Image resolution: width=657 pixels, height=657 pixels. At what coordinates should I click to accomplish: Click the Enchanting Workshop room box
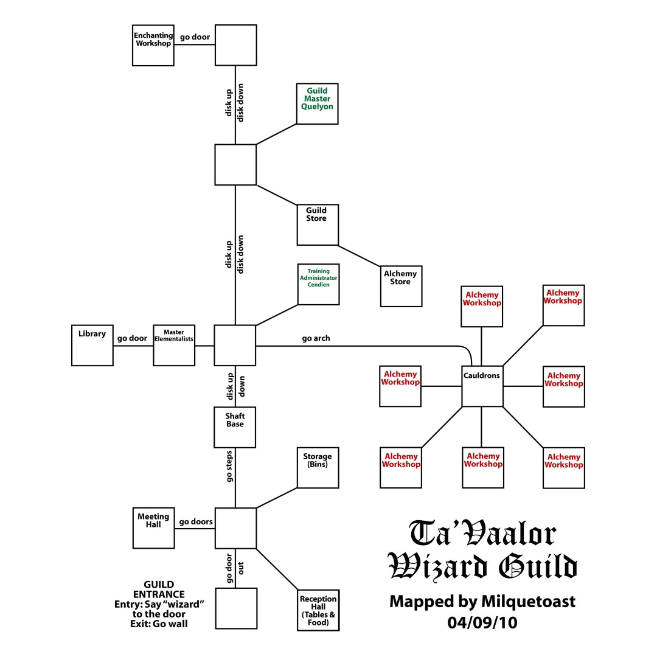click(153, 45)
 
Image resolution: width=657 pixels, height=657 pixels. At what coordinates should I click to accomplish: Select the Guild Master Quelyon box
click(317, 104)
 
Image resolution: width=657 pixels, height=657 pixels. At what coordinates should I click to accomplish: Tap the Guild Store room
click(317, 224)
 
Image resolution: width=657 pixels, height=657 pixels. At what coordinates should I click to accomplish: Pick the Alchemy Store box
click(401, 286)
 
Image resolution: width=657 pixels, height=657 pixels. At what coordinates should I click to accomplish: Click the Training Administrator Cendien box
click(318, 284)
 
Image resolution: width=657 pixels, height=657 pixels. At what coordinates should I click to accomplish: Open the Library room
click(92, 345)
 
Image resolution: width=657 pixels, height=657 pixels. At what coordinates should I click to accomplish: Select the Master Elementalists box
click(174, 345)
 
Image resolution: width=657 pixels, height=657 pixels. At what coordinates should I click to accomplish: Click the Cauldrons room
click(482, 386)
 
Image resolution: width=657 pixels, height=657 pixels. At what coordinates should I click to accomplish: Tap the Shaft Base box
click(235, 427)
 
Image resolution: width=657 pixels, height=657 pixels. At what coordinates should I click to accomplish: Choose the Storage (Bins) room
click(318, 468)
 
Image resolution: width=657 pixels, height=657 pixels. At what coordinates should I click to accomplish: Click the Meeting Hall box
click(153, 528)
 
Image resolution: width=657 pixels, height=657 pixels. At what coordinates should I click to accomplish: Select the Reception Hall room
click(318, 610)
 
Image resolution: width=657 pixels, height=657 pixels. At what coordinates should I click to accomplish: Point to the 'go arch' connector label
click(316, 338)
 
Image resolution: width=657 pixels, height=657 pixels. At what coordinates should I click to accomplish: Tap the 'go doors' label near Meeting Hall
click(195, 521)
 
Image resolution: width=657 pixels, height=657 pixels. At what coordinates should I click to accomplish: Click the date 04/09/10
click(482, 623)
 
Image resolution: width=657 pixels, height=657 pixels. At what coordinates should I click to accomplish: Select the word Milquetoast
click(528, 602)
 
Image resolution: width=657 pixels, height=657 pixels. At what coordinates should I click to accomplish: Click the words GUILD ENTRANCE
click(159, 589)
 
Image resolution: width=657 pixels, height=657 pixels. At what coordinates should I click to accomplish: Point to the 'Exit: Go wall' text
click(159, 624)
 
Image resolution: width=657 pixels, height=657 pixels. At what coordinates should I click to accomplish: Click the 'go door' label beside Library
click(133, 338)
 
